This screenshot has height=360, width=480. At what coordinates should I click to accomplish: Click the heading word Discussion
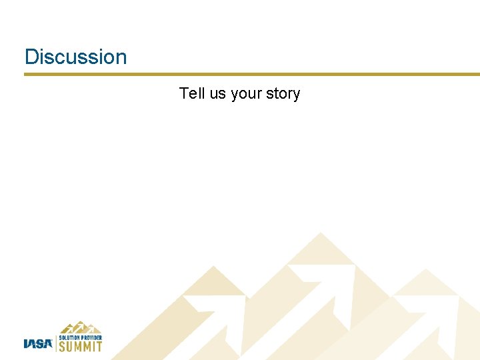pos(75,57)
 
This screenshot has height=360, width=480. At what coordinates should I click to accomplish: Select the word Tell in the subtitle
pos(192,93)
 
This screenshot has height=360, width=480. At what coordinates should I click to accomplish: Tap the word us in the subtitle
pos(218,93)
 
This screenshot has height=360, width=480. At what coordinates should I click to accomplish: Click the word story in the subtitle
pos(283,94)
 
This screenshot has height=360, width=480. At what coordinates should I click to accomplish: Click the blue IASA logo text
pos(38,344)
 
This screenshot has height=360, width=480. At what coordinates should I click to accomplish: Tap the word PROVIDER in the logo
pos(92,337)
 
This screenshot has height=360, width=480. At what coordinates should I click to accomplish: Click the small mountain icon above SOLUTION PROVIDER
pos(80,328)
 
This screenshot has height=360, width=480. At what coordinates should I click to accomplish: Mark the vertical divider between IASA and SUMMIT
pos(55,343)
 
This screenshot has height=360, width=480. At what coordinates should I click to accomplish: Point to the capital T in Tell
pos(183,93)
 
